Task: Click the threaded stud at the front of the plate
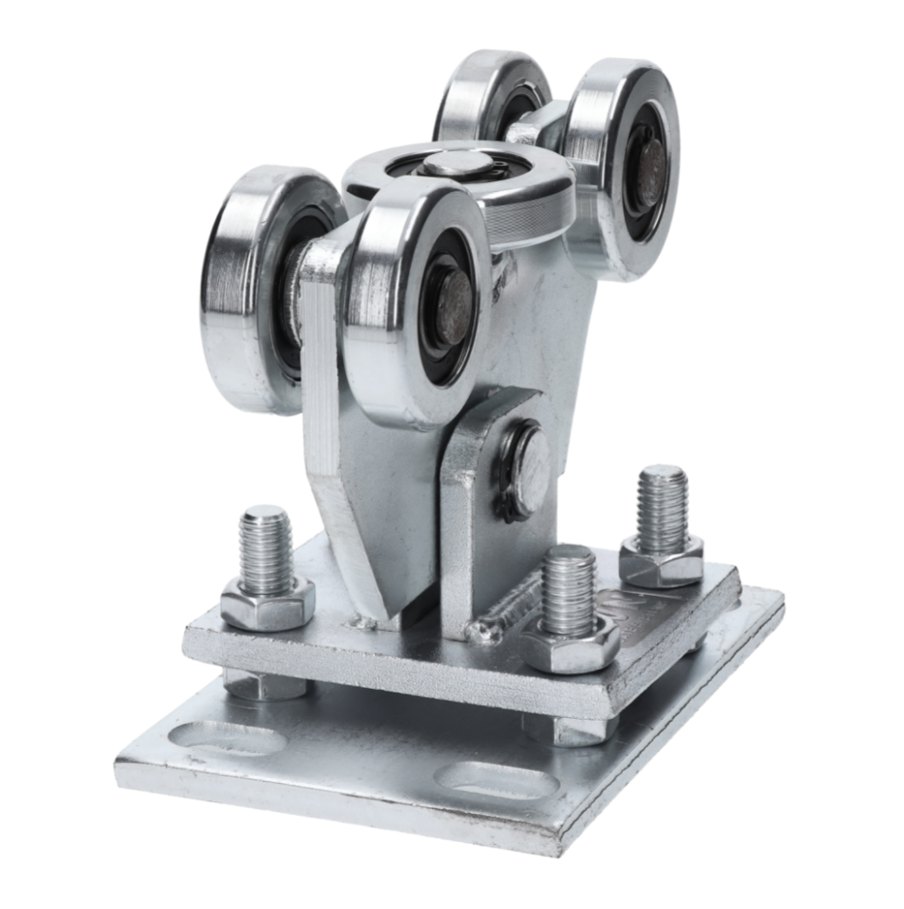point(569,588)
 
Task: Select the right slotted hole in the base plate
point(493,780)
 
